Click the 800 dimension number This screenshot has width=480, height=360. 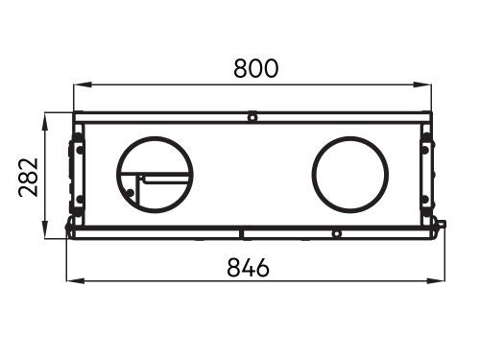click(256, 68)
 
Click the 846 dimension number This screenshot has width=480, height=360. click(249, 268)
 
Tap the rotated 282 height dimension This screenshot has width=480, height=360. click(29, 177)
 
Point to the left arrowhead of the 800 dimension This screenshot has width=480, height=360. click(83, 84)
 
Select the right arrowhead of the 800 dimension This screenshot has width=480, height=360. click(422, 84)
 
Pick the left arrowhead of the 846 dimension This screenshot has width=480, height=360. click(76, 281)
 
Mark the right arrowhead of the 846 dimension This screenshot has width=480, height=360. click(436, 281)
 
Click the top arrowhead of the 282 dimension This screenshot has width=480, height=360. click(45, 122)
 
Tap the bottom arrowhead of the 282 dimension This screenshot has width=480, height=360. click(45, 229)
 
